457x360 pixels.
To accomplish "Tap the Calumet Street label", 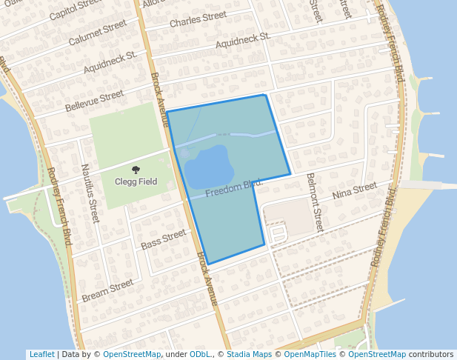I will (x=98, y=33).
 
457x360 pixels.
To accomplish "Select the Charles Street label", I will (x=198, y=19).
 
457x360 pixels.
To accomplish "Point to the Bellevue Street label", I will (x=95, y=101).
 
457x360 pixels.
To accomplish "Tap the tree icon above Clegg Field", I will (x=136, y=170).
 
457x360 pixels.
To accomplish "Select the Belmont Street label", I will (x=315, y=202).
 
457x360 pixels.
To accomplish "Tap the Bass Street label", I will (x=163, y=239).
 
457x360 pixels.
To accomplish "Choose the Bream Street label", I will (x=107, y=290).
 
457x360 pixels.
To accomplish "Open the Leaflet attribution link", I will (x=41, y=354).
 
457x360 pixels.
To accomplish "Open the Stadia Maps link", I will (x=249, y=354).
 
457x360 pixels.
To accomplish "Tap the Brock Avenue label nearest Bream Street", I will (x=207, y=279).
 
